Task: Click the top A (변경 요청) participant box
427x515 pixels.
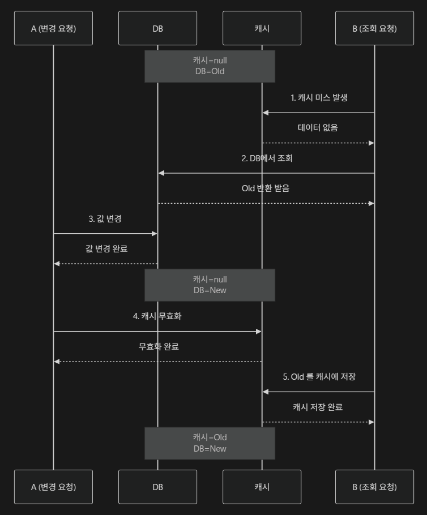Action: (53, 28)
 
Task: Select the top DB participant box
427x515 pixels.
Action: (157, 28)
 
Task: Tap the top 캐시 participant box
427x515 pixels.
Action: (262, 28)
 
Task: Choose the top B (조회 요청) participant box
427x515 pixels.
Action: (374, 28)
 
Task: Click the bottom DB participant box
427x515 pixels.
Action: (157, 487)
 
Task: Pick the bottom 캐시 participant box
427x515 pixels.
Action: (262, 487)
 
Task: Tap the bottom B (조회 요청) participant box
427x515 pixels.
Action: (374, 487)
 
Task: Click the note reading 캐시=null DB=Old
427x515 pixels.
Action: (210, 66)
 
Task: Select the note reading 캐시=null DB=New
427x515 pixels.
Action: (210, 285)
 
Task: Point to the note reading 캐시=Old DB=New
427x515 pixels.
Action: (210, 443)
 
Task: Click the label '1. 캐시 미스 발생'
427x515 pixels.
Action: (319, 98)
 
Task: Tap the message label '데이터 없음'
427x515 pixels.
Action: (318, 128)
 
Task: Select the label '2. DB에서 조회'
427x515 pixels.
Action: (267, 158)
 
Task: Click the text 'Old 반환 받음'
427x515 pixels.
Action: (266, 188)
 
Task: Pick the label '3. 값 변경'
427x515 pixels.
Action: (105, 219)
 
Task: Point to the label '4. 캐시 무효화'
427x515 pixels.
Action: (157, 316)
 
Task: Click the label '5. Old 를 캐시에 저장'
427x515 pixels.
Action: (319, 377)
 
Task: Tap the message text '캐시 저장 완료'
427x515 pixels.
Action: (318, 407)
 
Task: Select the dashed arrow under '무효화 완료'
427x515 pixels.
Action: (157, 362)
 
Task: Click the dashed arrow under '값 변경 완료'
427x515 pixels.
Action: (105, 264)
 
